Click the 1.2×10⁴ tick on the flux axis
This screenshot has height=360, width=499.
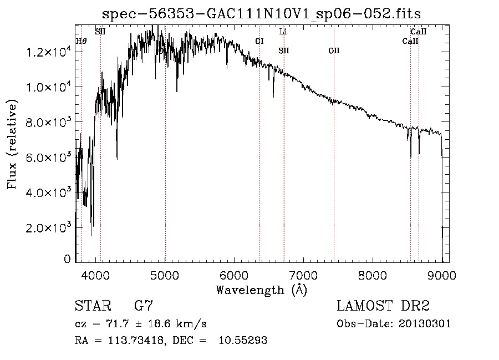point(48,52)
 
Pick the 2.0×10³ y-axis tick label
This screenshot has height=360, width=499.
point(48,227)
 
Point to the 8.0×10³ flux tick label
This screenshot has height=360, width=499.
point(48,122)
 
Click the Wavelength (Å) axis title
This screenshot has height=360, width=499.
point(261,290)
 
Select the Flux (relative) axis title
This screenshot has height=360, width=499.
point(12,144)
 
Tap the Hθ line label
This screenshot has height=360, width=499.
point(81,40)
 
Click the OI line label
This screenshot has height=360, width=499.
point(259,40)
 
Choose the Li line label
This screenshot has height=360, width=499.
point(283,32)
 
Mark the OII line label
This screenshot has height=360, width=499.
point(334,51)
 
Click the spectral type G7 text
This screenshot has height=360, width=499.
point(144,306)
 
